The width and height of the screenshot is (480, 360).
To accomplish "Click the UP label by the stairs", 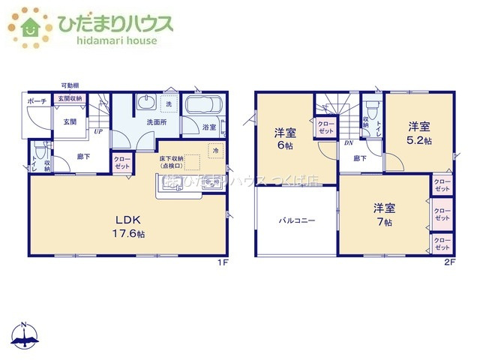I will coord(98,133).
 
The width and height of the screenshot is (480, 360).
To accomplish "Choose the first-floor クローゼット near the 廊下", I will coord(121,163).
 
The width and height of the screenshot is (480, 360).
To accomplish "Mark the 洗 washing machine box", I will coord(169,103).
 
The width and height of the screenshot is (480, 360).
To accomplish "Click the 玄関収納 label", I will coord(69,98).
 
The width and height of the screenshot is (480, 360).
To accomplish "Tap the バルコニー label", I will coord(297,221).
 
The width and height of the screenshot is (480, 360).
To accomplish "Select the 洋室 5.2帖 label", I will coord(419,133).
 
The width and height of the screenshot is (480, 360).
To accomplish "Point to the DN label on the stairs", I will coord(348,142).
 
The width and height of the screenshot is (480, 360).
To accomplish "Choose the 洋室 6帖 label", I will coord(285,139).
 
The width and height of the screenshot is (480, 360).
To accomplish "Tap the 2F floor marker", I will coord(449,262).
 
